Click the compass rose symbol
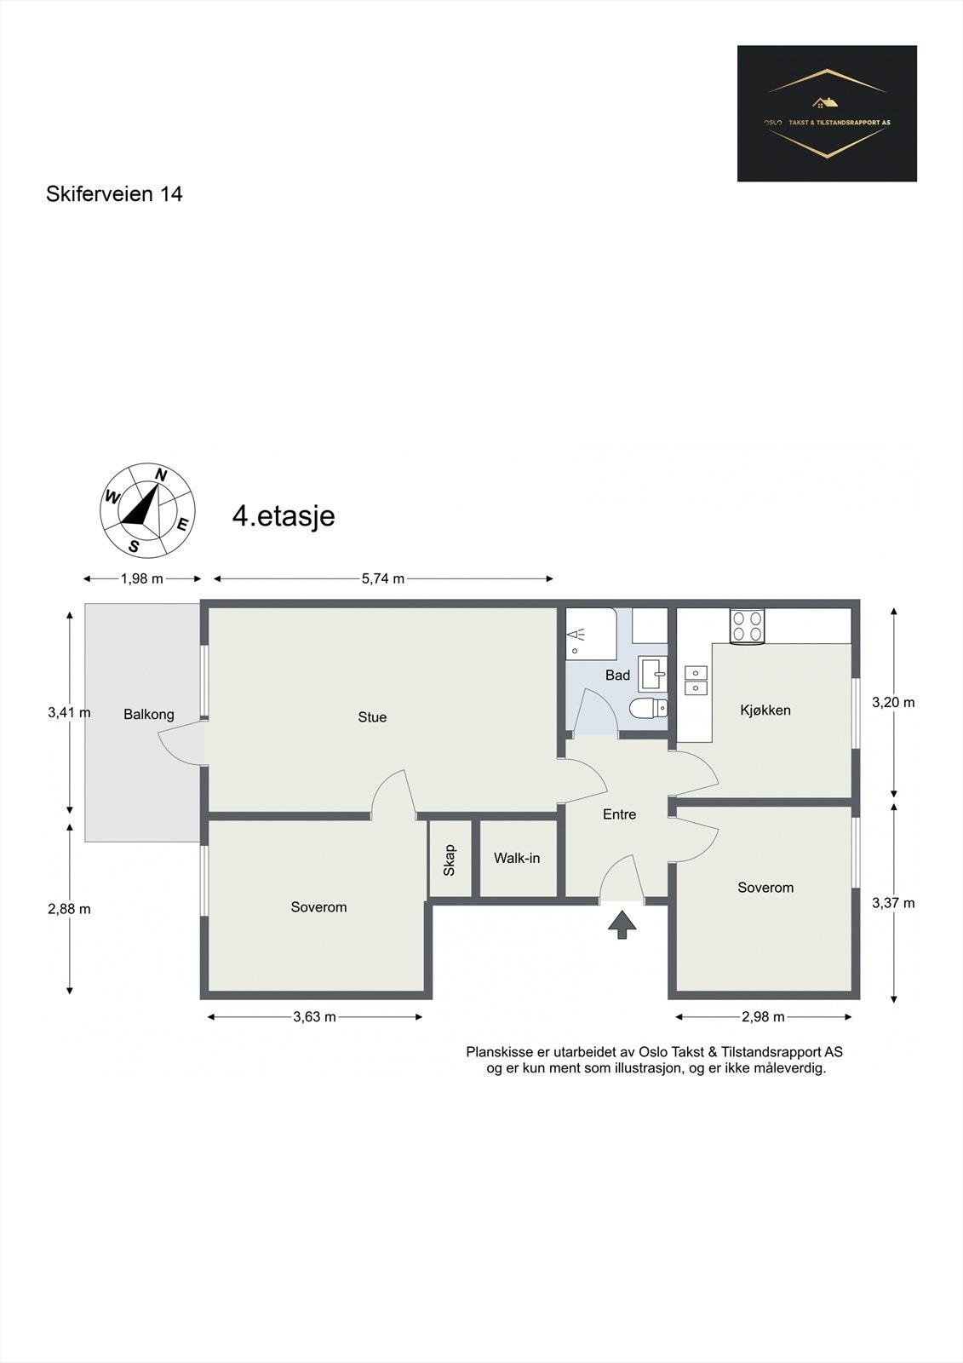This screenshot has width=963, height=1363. [147, 509]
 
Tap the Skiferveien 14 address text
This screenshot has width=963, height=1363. [114, 194]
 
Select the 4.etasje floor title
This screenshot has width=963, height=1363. [284, 516]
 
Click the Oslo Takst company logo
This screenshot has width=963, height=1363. [827, 113]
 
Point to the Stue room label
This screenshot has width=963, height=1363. [372, 717]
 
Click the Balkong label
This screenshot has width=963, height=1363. [149, 714]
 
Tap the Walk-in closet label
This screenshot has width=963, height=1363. [517, 858]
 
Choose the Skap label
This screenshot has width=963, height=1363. [450, 860]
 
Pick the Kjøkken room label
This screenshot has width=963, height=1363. [765, 710]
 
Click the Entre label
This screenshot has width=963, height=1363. [619, 814]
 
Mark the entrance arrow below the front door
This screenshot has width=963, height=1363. [622, 923]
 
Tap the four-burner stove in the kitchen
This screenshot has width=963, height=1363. [747, 626]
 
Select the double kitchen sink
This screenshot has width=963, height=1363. [696, 679]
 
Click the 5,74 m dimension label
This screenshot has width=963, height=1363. [383, 578]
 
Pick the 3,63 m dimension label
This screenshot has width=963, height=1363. [314, 1016]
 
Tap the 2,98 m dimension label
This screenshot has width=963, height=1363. [763, 1016]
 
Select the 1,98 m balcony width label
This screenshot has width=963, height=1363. [141, 578]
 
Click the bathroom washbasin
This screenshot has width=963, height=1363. [654, 673]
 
